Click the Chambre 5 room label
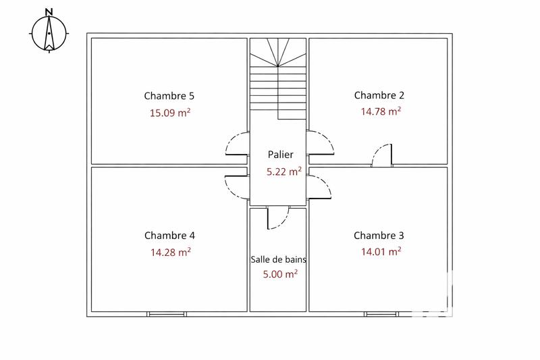tap(169, 96)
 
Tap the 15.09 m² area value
tap(169, 112)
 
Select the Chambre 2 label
tap(379, 95)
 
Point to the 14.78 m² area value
tap(381, 111)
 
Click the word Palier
tap(279, 155)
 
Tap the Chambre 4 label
tap(169, 236)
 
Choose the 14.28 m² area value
tap(169, 252)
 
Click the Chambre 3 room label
tap(379, 236)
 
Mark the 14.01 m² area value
tap(381, 252)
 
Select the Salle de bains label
tap(278, 259)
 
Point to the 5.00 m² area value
tap(279, 274)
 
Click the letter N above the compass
tap(49, 11)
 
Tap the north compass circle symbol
tap(49, 33)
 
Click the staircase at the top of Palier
tap(278, 78)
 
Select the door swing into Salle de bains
tap(277, 217)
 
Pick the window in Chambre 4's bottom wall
tap(167, 314)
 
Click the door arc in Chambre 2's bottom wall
tap(382, 154)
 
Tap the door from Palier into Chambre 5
tap(236, 144)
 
